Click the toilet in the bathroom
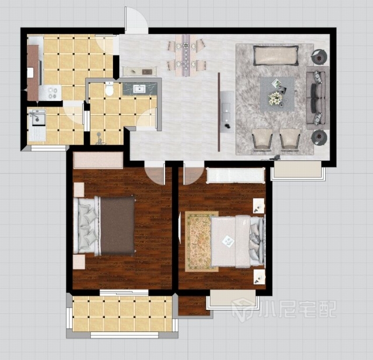coord(109,89)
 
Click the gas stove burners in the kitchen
coord(52,93)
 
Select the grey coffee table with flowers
coord(277,94)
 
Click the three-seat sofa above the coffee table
coord(276,55)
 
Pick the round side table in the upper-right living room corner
coord(319,57)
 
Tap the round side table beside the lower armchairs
coord(319,137)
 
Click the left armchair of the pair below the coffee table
coord(262,139)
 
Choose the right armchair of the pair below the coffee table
coord(290,139)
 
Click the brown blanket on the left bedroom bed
coord(117,226)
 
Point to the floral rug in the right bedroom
coord(202,242)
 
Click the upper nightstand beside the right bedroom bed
coord(259,206)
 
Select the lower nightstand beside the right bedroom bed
coord(259,277)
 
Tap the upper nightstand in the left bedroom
coord(79,190)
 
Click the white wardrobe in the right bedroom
coord(235,176)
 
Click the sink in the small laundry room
coord(37,117)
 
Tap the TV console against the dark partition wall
coord(227,111)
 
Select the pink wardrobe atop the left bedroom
coord(98,160)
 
